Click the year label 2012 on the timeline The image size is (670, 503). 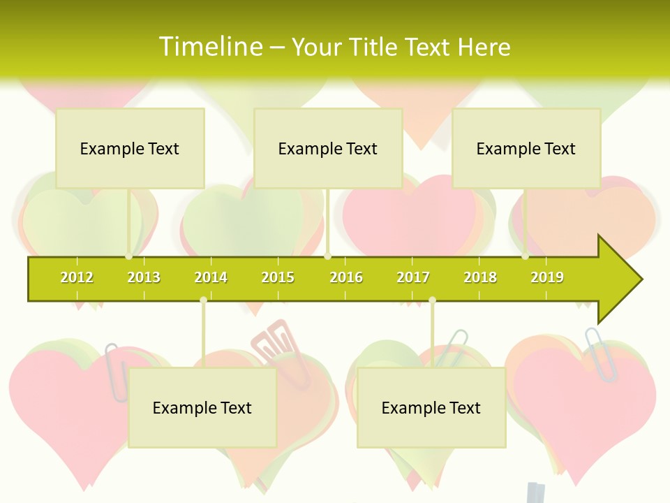77,277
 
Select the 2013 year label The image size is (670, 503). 144,277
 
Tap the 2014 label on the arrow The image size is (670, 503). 211,277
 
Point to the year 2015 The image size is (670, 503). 278,277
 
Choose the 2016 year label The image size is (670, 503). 346,277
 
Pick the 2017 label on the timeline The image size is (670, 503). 413,277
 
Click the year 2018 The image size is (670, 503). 480,277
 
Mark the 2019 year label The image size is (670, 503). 547,277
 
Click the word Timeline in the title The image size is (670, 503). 210,47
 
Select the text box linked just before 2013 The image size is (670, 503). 130,148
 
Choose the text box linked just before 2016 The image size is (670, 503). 328,148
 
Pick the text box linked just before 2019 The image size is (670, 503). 526,148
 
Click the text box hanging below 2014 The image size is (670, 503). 202,407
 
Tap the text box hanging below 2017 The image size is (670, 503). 431,407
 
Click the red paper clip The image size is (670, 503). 279,342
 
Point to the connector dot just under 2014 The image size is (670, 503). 203,300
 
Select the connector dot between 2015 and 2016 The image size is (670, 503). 327,256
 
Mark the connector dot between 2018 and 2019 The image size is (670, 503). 526,256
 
